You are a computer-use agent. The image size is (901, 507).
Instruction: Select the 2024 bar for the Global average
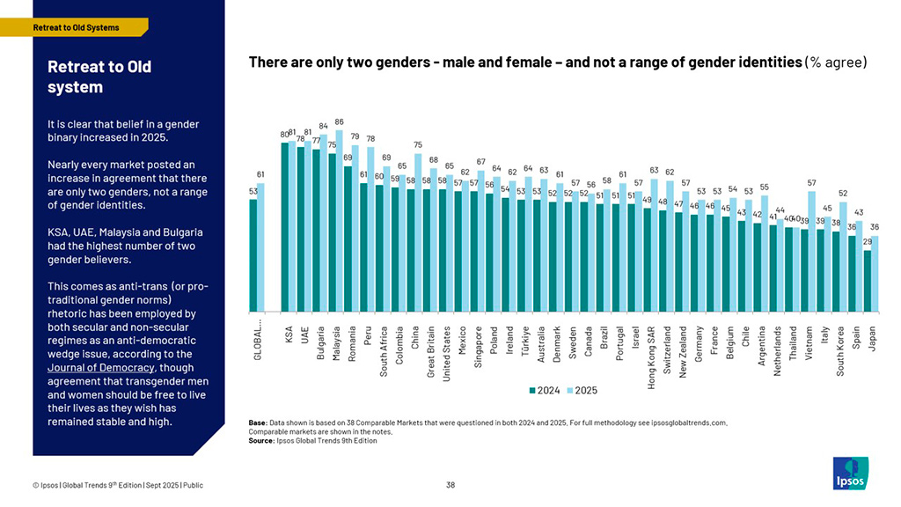(x=253, y=255)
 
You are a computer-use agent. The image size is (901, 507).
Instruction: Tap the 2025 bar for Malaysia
(x=340, y=220)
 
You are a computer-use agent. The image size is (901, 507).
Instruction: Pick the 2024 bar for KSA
(x=285, y=226)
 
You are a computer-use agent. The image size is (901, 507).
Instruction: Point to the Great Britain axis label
(x=431, y=356)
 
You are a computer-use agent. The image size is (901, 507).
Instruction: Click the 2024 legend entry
(x=545, y=390)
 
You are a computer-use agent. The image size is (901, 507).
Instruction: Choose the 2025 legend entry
(x=582, y=390)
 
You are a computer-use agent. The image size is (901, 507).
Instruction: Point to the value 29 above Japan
(x=868, y=241)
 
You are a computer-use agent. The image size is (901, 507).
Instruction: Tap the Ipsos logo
(x=850, y=472)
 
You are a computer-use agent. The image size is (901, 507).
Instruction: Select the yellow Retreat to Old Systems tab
(x=76, y=27)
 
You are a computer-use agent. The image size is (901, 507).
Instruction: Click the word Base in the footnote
(x=258, y=422)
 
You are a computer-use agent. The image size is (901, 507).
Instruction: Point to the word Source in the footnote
(x=262, y=440)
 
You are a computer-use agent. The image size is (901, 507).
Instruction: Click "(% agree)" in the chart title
(x=836, y=62)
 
